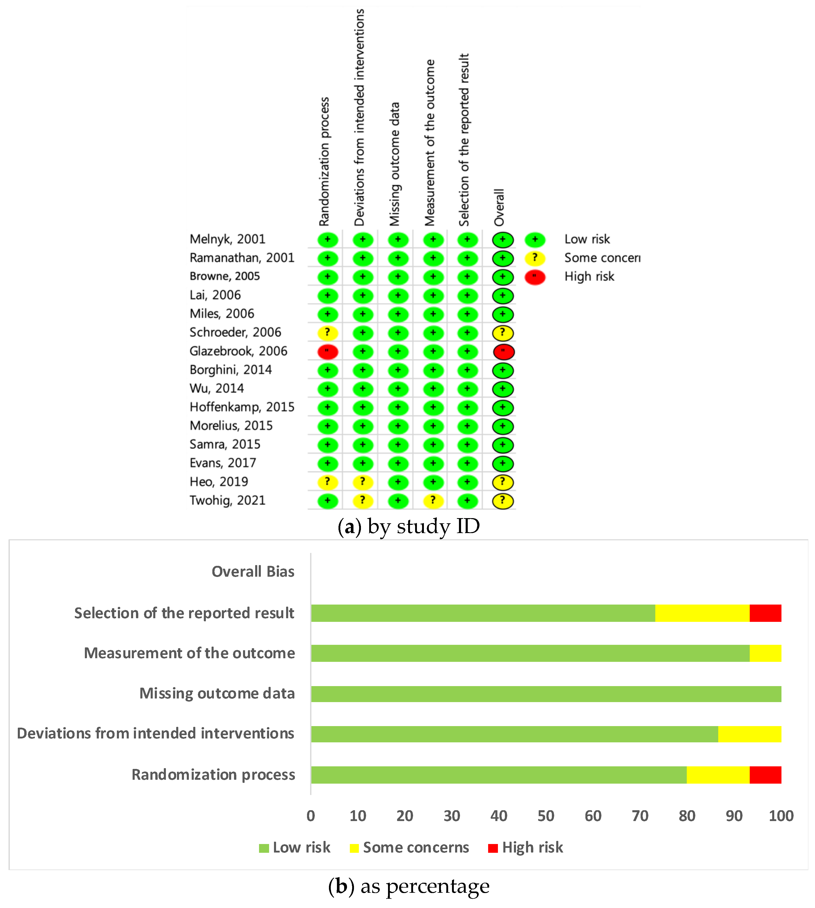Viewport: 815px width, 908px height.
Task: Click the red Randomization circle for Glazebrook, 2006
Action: pos(327,352)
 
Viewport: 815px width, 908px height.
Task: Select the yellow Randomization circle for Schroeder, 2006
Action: pos(327,333)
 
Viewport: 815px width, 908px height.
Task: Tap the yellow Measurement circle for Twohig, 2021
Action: pos(433,501)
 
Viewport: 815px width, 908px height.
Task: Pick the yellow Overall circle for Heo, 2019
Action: pos(502,483)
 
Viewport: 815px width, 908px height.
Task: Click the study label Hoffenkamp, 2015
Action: pos(242,407)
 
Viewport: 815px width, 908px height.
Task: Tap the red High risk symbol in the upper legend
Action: pos(535,277)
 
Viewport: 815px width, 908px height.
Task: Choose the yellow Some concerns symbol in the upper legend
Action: pos(535,259)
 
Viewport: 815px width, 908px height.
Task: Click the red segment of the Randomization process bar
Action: pos(765,775)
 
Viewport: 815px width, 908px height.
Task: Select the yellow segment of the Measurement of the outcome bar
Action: pos(765,653)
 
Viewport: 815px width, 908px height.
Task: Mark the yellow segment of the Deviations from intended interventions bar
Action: pos(750,734)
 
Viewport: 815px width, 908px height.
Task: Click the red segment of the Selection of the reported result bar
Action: pos(765,613)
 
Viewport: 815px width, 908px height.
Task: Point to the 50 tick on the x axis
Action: pos(546,816)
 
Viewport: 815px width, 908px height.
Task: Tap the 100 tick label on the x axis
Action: pos(781,816)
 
